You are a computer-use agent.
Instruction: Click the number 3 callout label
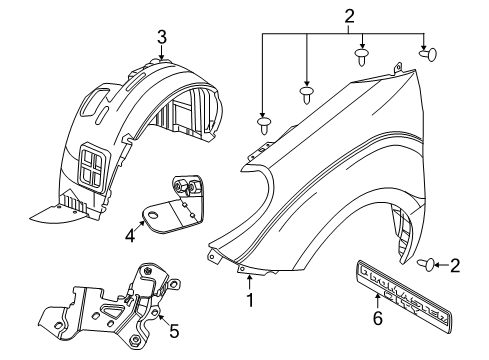coord(161,37)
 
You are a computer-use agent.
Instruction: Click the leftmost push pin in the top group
coord(265,126)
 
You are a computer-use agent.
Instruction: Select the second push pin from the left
coord(306,96)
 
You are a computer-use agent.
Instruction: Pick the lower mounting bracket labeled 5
coord(110,299)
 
